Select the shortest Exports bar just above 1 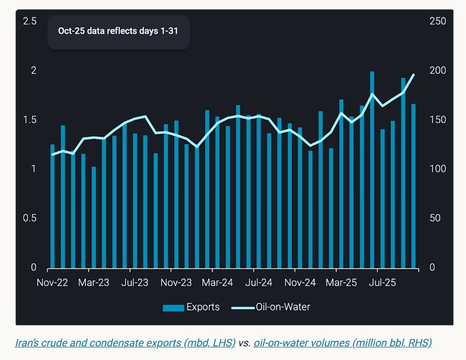[x=94, y=217]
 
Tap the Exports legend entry [x=191, y=307]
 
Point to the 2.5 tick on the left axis [x=30, y=21]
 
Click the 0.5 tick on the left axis [x=30, y=219]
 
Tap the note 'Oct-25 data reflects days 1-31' [x=118, y=31]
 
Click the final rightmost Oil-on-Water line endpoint [x=414, y=75]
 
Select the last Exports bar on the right [x=413, y=186]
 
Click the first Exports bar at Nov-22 [x=52, y=206]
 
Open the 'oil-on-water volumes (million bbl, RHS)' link [x=342, y=343]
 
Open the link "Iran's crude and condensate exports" [x=126, y=343]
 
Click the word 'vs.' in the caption [x=244, y=343]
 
